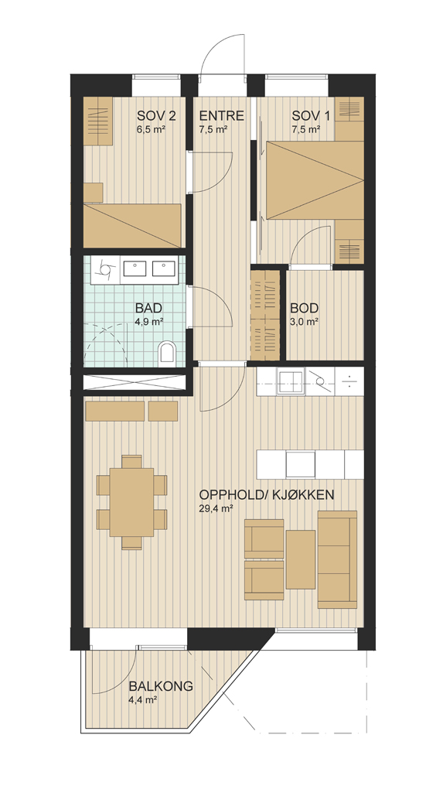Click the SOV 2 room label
pyautogui.click(x=156, y=115)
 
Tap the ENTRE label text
pyautogui.click(x=221, y=115)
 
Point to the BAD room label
pyautogui.click(x=149, y=309)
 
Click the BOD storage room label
pyautogui.click(x=305, y=309)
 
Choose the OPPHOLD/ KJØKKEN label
pyautogui.click(x=267, y=495)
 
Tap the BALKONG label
pyautogui.click(x=161, y=685)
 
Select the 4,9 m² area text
pyautogui.click(x=149, y=322)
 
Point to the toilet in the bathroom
pyautogui.click(x=167, y=354)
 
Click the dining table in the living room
pyautogui.click(x=131, y=502)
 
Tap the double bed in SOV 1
pyautogui.click(x=315, y=180)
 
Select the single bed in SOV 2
pyautogui.click(x=133, y=226)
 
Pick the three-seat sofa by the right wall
pyautogui.click(x=337, y=559)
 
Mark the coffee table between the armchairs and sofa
pyautogui.click(x=300, y=559)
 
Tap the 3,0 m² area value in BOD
pyautogui.click(x=305, y=322)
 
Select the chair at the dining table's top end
pyautogui.click(x=132, y=461)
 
